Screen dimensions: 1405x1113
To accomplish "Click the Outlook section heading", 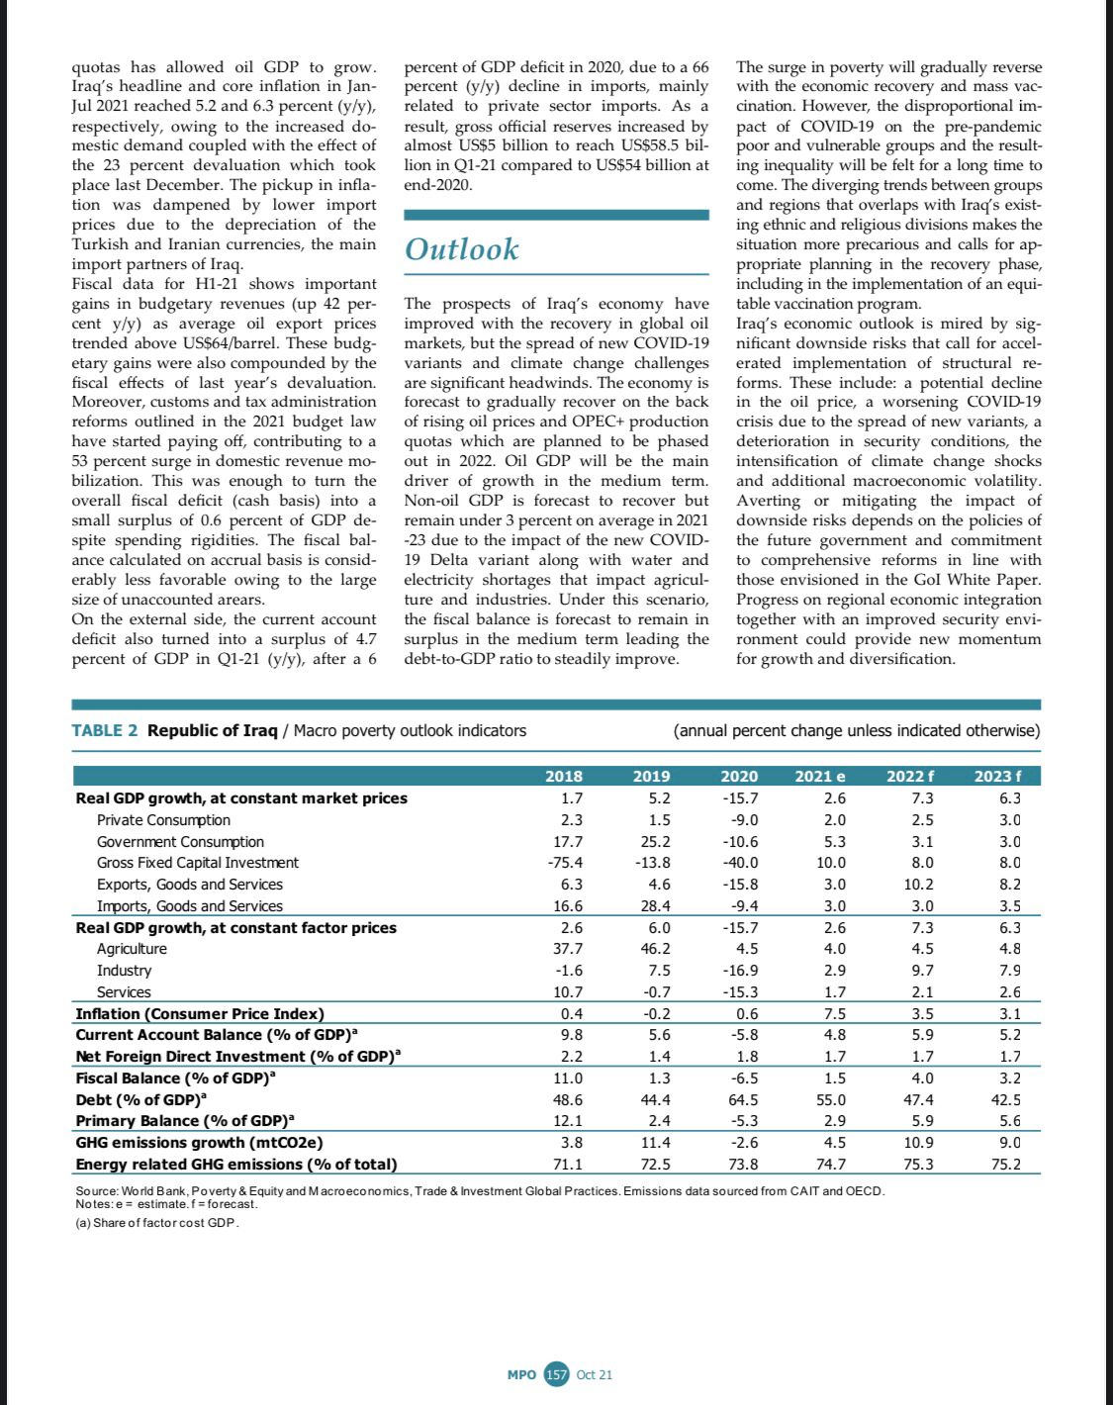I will (462, 248).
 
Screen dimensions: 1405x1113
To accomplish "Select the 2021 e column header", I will (820, 777).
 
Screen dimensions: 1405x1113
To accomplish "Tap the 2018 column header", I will (564, 777).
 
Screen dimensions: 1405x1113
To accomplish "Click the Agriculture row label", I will (132, 949).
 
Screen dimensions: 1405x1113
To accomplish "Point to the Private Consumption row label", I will (163, 820).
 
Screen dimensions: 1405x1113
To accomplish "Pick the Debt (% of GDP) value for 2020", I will (740, 1099).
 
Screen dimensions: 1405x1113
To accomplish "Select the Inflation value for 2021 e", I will (835, 1013).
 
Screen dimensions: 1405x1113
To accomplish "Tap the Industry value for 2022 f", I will (922, 971).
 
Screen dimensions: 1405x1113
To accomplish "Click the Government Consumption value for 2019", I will (654, 842).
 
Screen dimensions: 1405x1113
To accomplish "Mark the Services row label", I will (124, 992).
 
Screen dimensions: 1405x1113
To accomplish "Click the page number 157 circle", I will (557, 1374).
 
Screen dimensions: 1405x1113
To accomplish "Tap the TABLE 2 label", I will (105, 731).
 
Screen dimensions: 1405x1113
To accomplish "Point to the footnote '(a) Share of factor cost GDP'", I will (157, 1223).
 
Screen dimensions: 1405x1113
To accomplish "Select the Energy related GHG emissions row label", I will (236, 1165).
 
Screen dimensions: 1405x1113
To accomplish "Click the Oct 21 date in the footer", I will (595, 1374).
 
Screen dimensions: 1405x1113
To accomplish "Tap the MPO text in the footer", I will (521, 1374).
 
